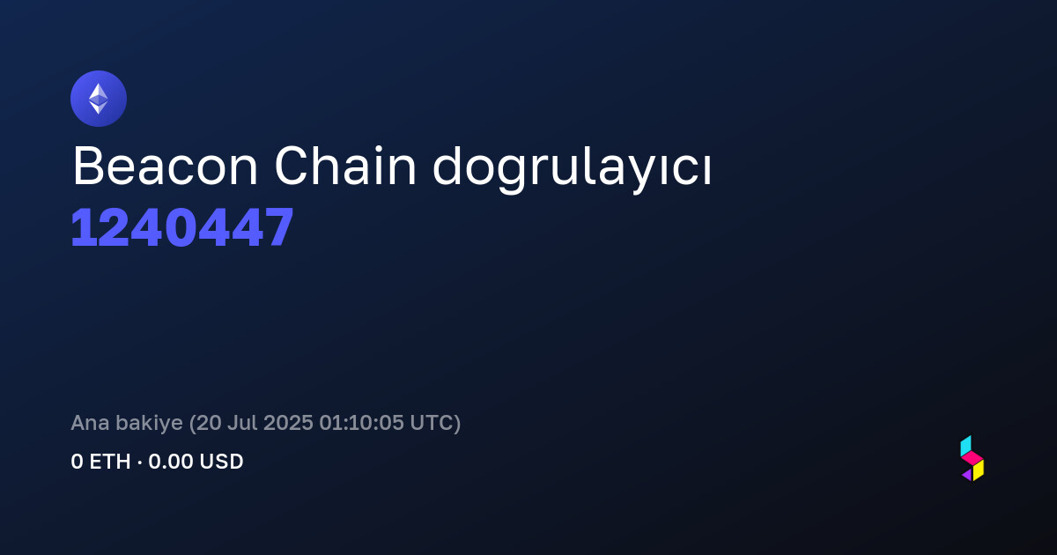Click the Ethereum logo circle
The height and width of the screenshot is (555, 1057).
(x=99, y=99)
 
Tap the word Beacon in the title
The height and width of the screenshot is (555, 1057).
(x=166, y=166)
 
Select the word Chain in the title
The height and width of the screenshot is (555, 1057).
(x=345, y=166)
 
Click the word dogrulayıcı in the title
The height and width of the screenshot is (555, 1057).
(x=572, y=170)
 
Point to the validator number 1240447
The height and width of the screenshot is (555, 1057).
(x=182, y=227)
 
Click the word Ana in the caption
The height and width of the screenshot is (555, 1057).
(x=90, y=423)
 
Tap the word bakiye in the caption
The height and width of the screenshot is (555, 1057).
(x=149, y=424)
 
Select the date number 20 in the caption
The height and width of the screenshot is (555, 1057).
(x=209, y=423)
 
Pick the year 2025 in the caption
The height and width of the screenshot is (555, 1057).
(x=288, y=423)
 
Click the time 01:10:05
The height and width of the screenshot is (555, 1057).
(x=361, y=423)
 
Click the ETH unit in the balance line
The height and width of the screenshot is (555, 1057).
(x=110, y=462)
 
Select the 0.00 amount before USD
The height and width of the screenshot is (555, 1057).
(x=170, y=462)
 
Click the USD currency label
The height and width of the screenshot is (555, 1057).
(x=221, y=462)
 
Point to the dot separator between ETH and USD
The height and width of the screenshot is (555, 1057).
(x=140, y=462)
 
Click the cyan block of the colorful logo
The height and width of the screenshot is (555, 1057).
(x=966, y=446)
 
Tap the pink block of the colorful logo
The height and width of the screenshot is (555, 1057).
(x=972, y=458)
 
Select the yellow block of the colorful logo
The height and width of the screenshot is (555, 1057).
(x=979, y=470)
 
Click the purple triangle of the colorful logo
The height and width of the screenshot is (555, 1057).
(x=968, y=475)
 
